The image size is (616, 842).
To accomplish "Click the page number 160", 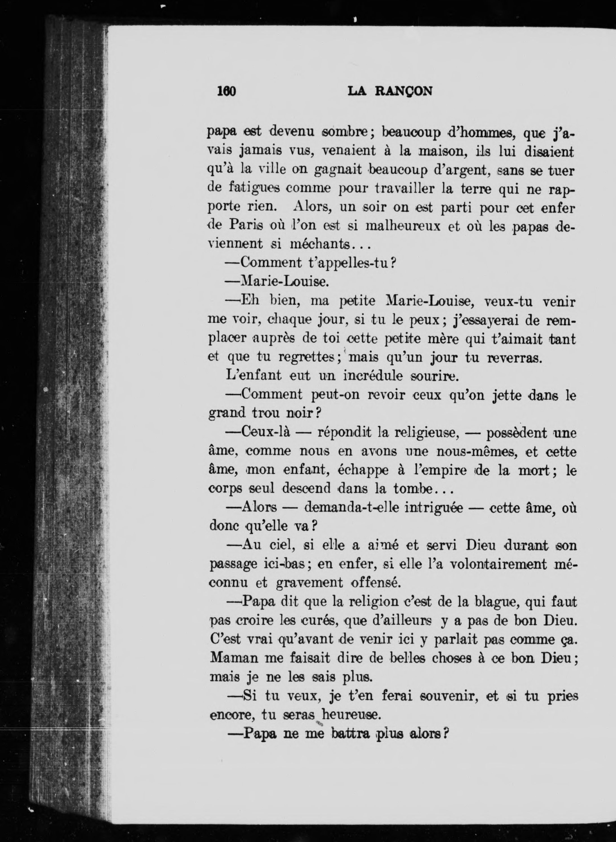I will pos(226,91).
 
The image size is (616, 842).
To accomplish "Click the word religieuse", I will pos(428,433).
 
